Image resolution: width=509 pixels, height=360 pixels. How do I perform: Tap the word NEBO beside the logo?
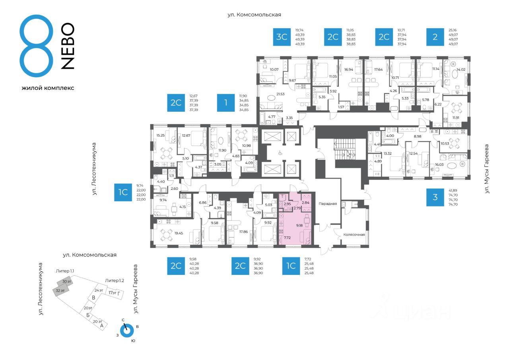68,46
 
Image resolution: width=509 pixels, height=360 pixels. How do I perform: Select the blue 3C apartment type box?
282,37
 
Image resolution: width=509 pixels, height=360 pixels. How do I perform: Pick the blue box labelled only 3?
435,197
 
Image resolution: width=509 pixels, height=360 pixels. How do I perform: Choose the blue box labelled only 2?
435,37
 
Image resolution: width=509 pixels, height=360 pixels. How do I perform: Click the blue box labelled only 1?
226,103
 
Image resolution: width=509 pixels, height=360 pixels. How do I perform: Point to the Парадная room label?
328,204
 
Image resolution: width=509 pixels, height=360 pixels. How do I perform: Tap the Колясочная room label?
354,235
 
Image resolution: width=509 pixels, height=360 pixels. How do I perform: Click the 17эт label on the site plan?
113,293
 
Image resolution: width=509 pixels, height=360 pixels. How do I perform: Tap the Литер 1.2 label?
115,280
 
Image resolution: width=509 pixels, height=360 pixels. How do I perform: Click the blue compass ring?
127,330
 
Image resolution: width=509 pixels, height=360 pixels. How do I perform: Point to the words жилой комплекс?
48,88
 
